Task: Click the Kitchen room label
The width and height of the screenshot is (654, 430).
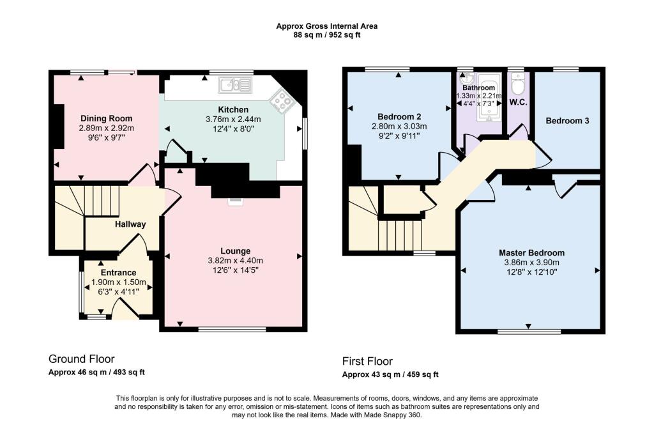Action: point(233,109)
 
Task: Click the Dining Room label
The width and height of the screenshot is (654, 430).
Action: point(106,118)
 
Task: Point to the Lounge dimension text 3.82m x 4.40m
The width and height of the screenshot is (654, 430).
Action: point(235,260)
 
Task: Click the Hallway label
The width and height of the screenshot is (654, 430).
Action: point(130,224)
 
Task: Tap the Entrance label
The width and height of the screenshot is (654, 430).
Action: point(118,273)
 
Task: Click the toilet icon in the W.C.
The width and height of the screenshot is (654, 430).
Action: point(519,85)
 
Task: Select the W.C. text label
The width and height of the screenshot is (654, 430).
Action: point(518,102)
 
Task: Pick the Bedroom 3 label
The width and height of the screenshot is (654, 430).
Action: point(567,121)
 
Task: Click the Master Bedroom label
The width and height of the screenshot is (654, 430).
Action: point(531,252)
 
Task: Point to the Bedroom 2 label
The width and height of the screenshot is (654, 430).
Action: point(399,116)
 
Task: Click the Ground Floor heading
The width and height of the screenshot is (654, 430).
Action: point(82,359)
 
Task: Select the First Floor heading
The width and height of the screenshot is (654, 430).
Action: point(367,361)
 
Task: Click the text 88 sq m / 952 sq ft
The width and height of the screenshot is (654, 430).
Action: point(326,35)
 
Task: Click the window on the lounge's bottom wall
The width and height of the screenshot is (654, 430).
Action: point(232,330)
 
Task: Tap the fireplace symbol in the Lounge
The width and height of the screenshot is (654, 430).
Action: point(236,202)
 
